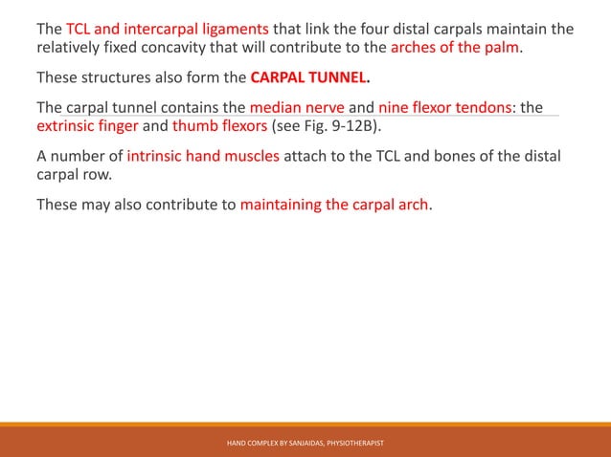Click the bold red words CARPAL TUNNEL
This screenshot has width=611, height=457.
(x=309, y=78)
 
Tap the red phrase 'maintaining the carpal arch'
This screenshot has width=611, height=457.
(x=334, y=202)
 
